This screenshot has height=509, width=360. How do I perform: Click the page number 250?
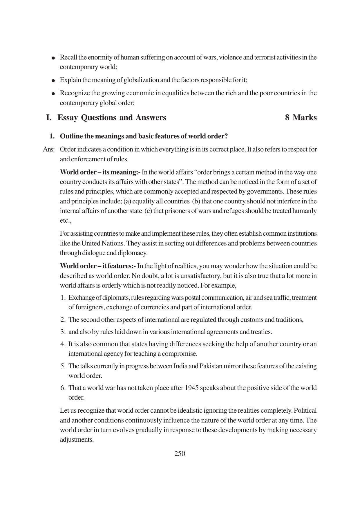(180, 454)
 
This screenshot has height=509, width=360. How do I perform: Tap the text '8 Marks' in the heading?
(301, 118)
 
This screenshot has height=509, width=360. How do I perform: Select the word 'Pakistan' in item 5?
(211, 366)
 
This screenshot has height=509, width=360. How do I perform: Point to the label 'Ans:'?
(49, 149)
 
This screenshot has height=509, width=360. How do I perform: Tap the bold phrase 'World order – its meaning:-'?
(100, 172)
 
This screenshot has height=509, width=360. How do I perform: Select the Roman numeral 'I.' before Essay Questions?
(49, 118)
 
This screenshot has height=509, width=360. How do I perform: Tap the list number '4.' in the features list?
(63, 344)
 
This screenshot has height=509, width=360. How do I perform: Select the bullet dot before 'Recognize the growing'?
(53, 94)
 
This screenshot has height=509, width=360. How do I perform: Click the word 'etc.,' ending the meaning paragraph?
(66, 221)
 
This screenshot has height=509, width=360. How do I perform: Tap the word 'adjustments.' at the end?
(77, 440)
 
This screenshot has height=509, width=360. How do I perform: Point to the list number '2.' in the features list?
(63, 320)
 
